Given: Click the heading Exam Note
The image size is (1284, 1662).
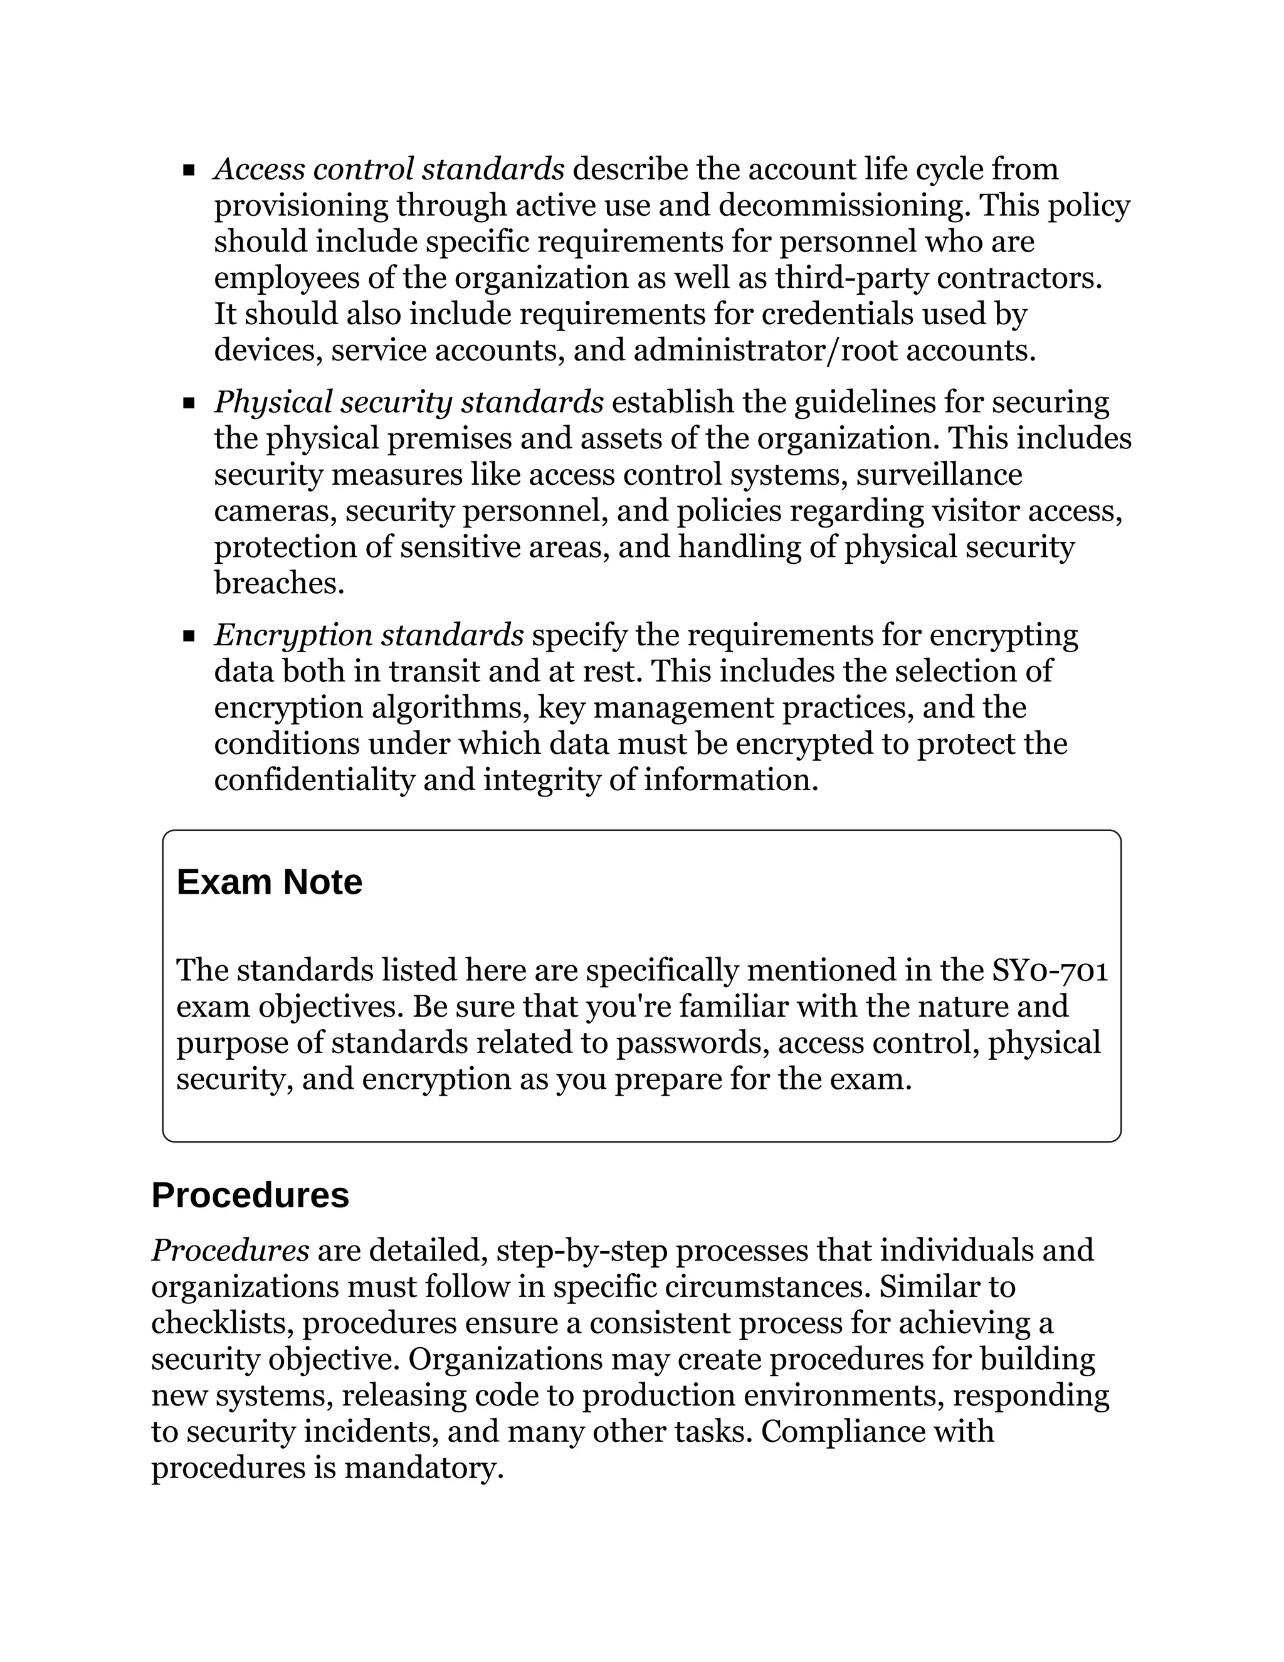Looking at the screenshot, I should click(x=269, y=883).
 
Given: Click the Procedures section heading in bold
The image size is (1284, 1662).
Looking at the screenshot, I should click(x=250, y=1195).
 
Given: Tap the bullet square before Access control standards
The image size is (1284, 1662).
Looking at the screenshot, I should click(x=189, y=170).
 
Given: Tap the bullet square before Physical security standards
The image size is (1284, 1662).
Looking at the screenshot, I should click(x=189, y=403).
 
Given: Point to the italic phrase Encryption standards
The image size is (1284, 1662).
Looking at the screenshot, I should click(x=369, y=635).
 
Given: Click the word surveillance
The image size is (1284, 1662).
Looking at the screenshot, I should click(x=939, y=475).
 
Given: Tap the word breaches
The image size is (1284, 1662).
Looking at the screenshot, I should click(x=278, y=584).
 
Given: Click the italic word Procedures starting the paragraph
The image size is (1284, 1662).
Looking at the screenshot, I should click(x=229, y=1251).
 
